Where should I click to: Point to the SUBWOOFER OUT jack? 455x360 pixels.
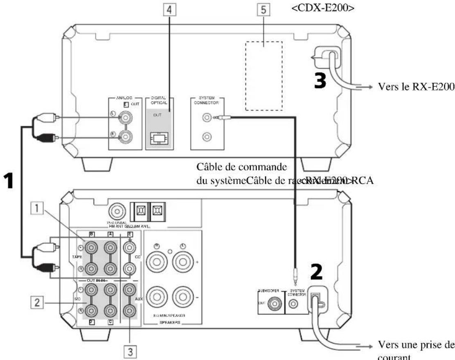pyautogui.click(x=279, y=305)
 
